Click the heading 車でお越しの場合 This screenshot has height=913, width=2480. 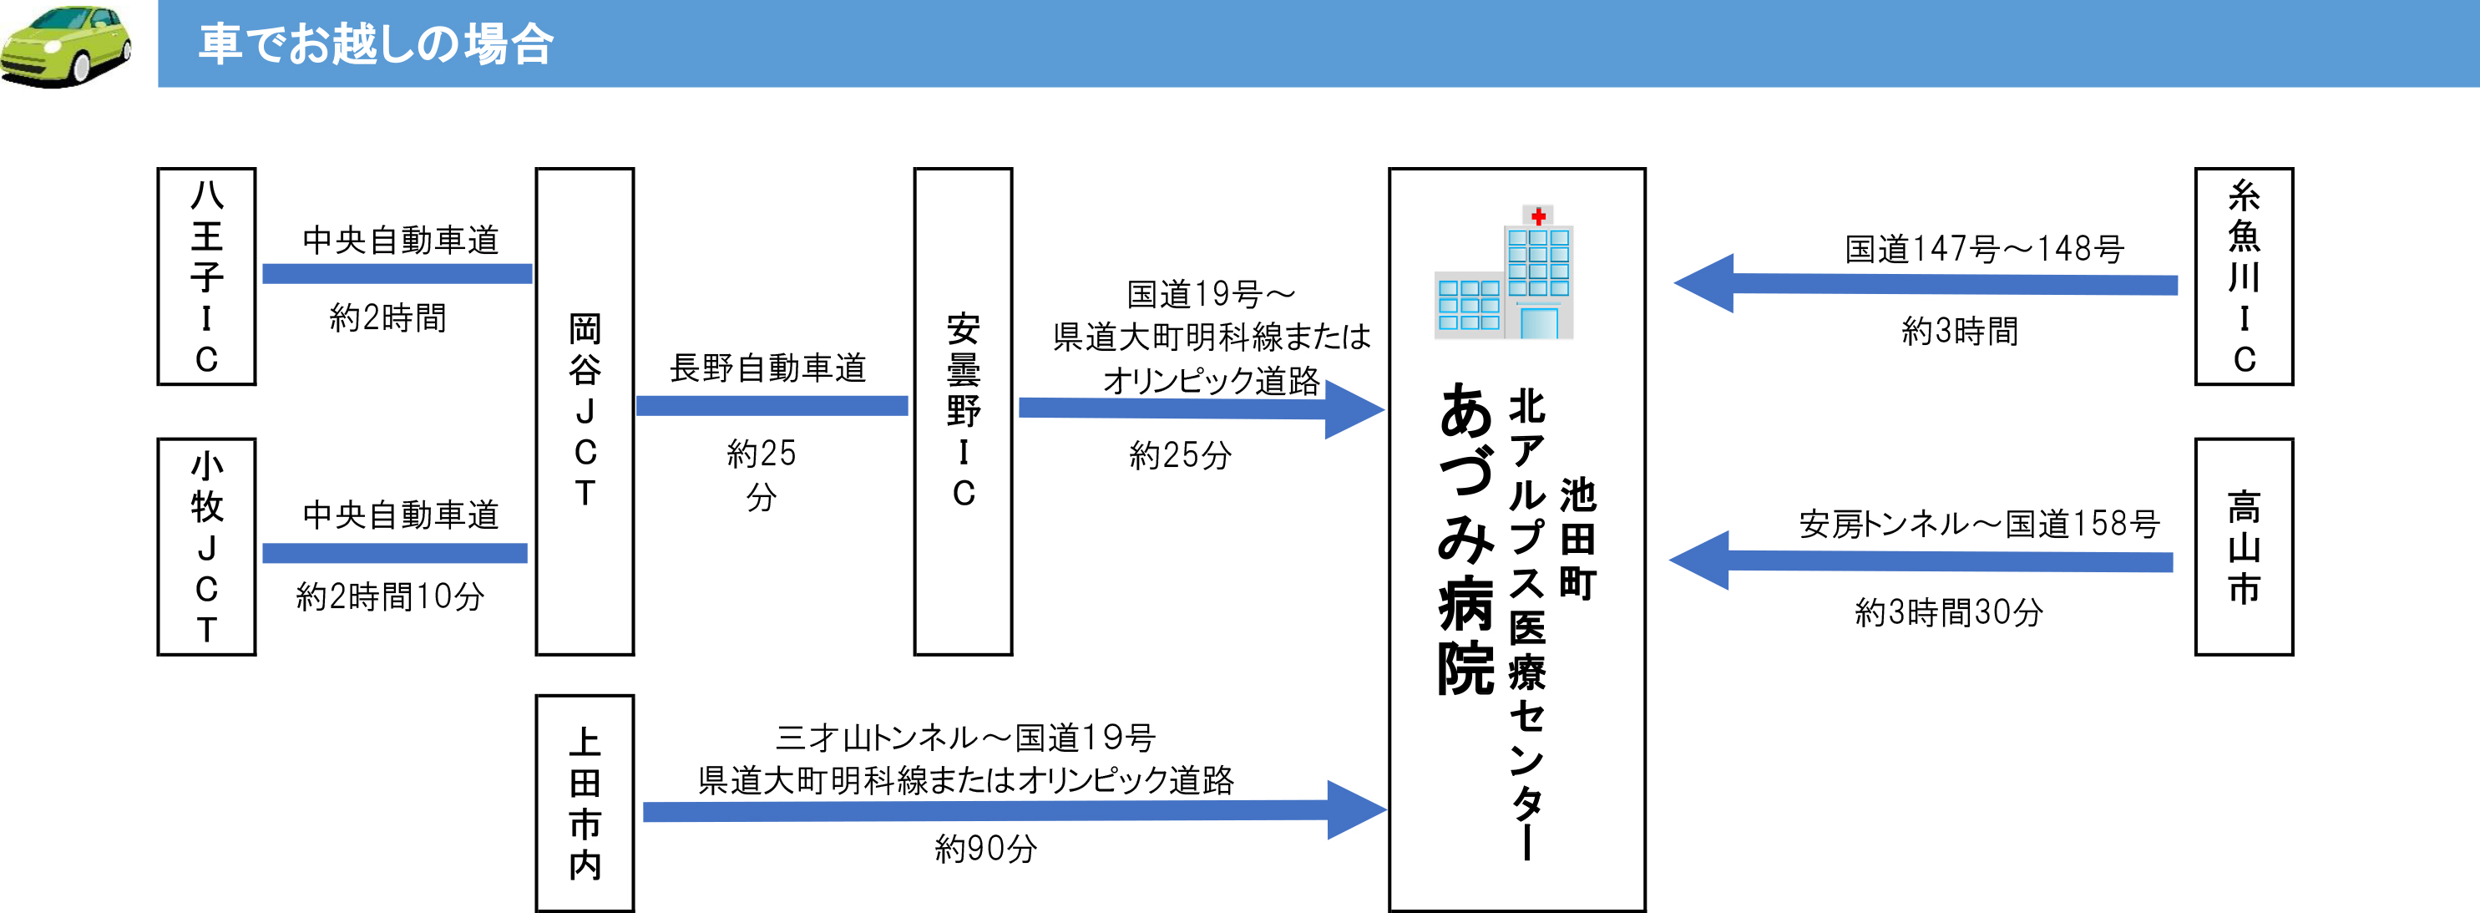pos(376,44)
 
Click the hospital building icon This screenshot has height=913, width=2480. pos(1504,271)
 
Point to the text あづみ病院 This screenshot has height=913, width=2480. pos(1465,540)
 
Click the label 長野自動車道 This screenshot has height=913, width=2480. pos(768,368)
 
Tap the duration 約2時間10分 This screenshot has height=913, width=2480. pos(390,597)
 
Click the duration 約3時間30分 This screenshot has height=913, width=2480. pos(1949,612)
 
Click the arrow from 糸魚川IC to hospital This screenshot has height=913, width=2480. pos(1926,283)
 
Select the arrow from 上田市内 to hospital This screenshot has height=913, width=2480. pos(1015,810)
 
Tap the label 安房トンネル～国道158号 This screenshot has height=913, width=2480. pos(1979,524)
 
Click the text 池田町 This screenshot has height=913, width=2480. pos(1577,540)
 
